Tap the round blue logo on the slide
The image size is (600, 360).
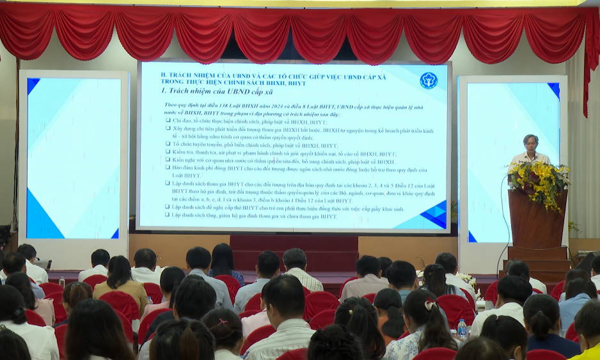(x=428, y=80)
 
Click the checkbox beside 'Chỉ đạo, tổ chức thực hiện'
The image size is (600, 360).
(x=168, y=121)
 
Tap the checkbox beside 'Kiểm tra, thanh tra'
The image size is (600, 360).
(x=168, y=153)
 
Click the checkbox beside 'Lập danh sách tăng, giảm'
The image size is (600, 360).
(x=168, y=215)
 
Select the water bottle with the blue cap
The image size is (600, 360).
(x=462, y=329)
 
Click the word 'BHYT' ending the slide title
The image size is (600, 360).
(x=296, y=82)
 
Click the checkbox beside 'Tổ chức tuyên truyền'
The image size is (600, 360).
(x=168, y=145)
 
